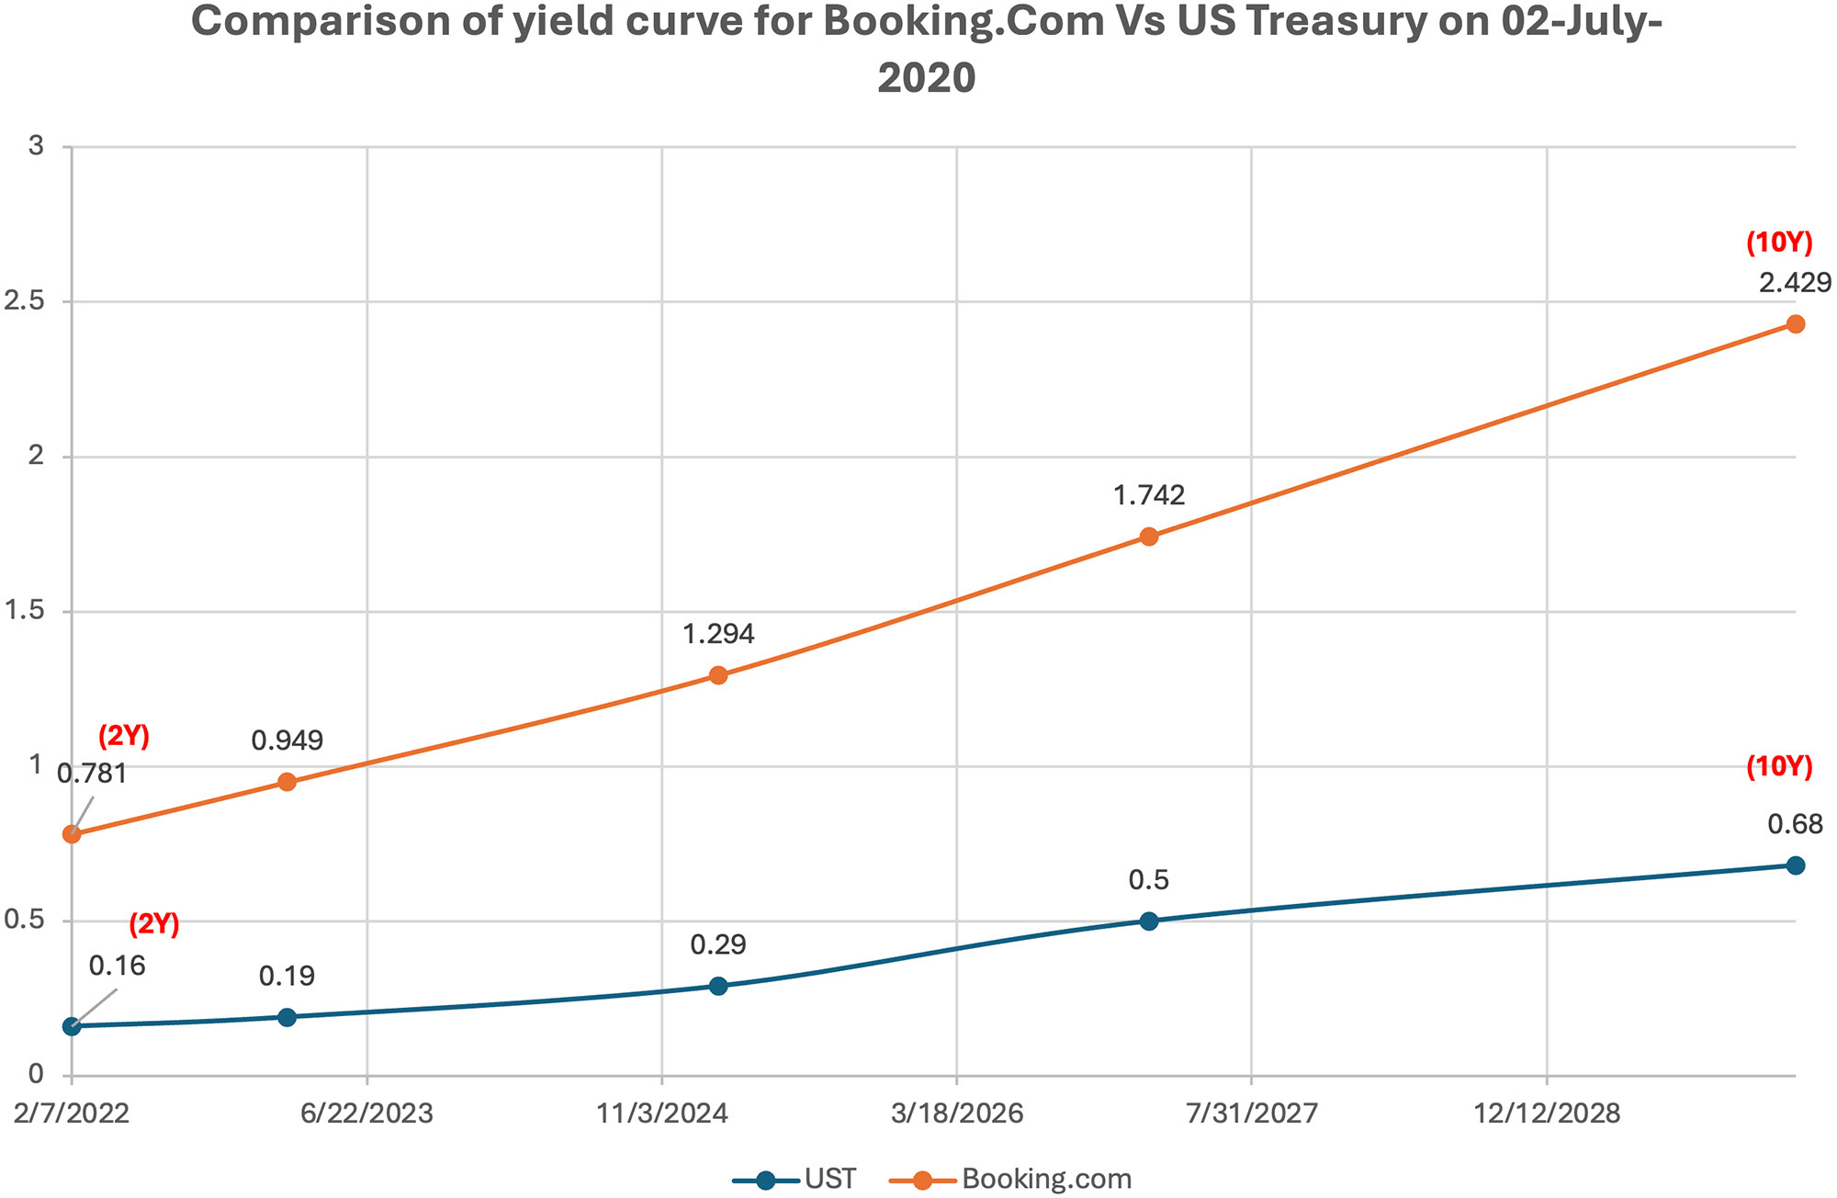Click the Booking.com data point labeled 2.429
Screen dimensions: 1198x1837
pos(1796,324)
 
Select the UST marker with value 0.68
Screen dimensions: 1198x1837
pos(1796,865)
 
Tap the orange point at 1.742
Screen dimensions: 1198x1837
pos(1148,537)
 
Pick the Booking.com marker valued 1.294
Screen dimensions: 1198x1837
pos(718,675)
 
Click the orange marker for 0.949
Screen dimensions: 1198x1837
pos(287,782)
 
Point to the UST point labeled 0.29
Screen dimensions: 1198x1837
pos(718,986)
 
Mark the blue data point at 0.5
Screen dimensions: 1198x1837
pos(1148,921)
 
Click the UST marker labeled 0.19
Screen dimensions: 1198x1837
pos(287,1017)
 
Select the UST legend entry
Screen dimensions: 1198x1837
pos(795,1179)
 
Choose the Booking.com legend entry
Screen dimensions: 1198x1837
pos(1012,1179)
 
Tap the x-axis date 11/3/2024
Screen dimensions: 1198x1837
pos(662,1114)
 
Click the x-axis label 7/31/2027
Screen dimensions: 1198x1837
pos(1252,1114)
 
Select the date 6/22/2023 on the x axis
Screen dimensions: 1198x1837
pos(366,1114)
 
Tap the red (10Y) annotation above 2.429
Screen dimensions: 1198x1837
pos(1779,243)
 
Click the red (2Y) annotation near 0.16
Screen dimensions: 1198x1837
pos(153,924)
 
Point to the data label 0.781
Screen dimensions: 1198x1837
pos(92,774)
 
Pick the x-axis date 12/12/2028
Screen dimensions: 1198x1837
pos(1548,1114)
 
